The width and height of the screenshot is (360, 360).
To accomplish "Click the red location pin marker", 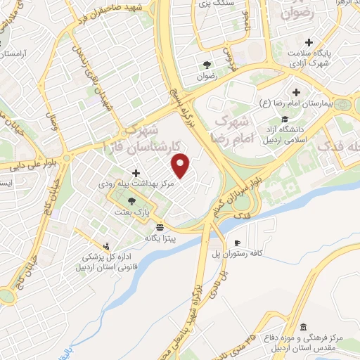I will (x=181, y=166).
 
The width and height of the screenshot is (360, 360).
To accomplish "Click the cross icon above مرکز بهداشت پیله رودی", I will (x=136, y=173).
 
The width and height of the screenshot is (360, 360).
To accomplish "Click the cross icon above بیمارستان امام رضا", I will (x=296, y=92).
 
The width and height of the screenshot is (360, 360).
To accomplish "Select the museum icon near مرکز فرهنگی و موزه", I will (x=302, y=327).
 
